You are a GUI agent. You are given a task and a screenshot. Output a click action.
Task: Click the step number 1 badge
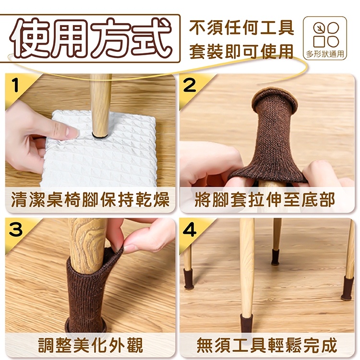pos(15,85)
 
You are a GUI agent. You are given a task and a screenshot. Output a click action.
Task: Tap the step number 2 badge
pos(190,85)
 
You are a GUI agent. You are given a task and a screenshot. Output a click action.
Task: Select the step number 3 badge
pos(16,230)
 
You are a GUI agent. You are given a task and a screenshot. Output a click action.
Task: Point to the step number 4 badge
pos(190,230)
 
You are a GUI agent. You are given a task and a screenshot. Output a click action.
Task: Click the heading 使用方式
pos(91,38)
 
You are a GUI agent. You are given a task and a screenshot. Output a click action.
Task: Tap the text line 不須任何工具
pos(241,28)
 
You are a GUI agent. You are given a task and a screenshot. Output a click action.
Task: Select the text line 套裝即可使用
pos(241,51)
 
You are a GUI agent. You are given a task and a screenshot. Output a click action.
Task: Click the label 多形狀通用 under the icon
pos(325,54)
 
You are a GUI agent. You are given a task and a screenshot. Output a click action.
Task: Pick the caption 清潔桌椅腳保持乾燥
pos(90,199)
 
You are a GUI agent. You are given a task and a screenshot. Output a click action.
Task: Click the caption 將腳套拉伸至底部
pos(264,199)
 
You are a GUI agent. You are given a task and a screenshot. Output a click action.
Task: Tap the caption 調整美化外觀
pos(90,345)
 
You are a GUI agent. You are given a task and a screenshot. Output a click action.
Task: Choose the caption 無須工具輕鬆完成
pos(267,345)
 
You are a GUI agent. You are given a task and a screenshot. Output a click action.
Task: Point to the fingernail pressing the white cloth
pos(71,132)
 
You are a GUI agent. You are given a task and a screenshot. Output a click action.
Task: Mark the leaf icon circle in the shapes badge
pos(319,28)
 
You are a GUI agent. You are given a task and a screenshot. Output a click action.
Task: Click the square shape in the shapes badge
pos(319,42)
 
